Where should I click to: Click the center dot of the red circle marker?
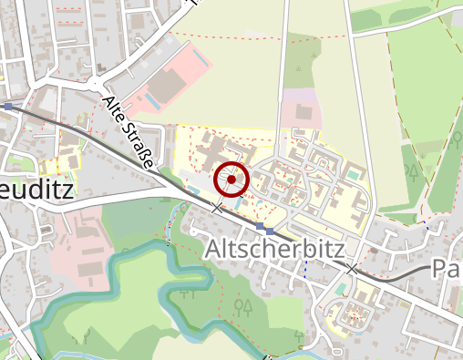pyautogui.click(x=231, y=180)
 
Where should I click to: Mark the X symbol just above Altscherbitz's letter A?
pyautogui.click(x=217, y=209)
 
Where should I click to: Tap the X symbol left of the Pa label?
pyautogui.click(x=352, y=269)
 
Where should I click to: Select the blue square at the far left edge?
pyautogui.click(x=8, y=107)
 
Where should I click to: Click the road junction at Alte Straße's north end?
pyautogui.click(x=96, y=84)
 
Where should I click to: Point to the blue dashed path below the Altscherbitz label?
pyautogui.click(x=304, y=271)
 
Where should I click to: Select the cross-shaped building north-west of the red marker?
pyautogui.click(x=212, y=149)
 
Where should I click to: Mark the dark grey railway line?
pyautogui.click(x=109, y=142)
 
